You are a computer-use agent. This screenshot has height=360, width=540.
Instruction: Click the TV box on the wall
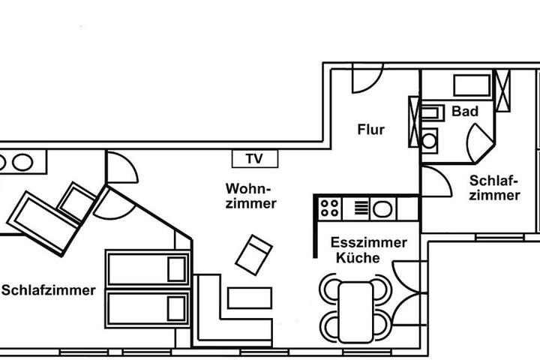[x=255, y=159]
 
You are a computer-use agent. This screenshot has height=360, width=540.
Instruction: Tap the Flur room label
[x=371, y=130]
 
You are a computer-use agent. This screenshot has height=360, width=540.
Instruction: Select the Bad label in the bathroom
[x=465, y=111]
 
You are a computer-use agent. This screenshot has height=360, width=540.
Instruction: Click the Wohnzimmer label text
[x=251, y=196]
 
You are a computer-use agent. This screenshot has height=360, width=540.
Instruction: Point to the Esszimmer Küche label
[x=369, y=250]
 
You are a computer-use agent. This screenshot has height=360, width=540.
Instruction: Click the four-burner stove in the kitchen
[x=329, y=208]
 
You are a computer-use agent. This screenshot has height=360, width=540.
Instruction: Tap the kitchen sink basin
[x=382, y=208]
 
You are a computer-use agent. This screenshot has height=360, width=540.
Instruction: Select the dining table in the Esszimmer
[x=355, y=312]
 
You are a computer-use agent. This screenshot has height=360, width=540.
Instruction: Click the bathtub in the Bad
[x=472, y=85]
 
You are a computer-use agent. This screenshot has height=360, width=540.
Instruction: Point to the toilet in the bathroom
[x=430, y=140]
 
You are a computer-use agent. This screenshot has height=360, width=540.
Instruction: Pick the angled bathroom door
[x=480, y=143]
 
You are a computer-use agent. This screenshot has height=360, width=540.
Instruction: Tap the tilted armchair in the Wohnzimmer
[x=253, y=255]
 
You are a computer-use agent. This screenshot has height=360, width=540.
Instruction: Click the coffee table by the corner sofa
[x=249, y=298]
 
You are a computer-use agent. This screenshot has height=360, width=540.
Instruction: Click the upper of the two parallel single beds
[x=148, y=268]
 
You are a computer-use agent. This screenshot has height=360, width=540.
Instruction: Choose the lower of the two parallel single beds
[x=148, y=308]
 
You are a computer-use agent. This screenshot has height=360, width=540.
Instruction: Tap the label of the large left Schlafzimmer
[x=49, y=290]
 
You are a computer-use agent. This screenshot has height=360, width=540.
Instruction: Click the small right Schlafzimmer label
[x=494, y=188]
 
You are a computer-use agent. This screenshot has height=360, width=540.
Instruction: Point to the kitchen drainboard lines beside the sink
[x=361, y=208]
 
